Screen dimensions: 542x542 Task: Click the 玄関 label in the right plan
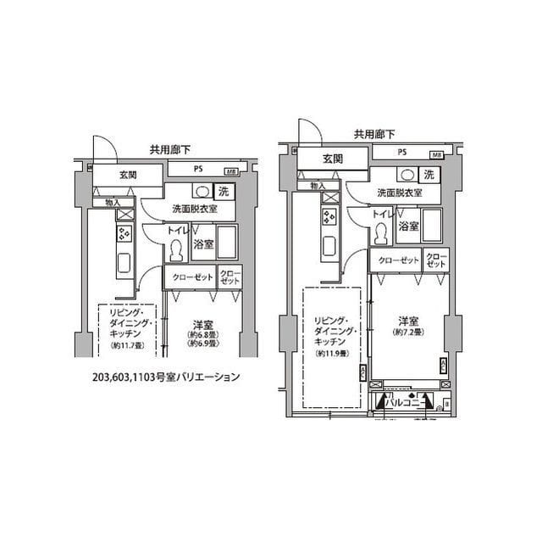[x=332, y=159]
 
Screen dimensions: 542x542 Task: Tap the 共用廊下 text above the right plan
[x=373, y=134]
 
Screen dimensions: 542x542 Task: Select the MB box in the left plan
[x=230, y=170]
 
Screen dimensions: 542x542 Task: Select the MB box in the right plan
[x=436, y=155]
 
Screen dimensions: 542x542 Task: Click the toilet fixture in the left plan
[x=177, y=250]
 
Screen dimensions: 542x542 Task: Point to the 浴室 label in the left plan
[x=203, y=244]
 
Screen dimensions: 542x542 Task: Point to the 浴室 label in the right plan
[x=408, y=226]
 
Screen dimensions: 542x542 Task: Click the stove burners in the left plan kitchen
[x=124, y=233]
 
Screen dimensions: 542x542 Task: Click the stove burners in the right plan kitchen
[x=329, y=216]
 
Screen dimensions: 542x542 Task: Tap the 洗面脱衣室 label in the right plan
[x=400, y=193]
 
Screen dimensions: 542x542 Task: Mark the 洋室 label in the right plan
[x=409, y=321]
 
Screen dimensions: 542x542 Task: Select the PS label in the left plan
[x=197, y=169]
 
